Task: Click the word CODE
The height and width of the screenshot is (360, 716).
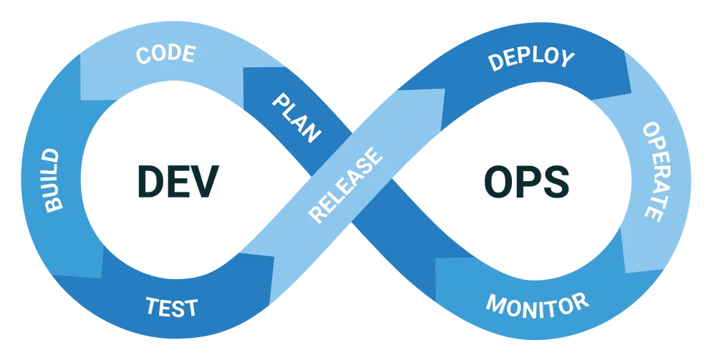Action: [x=165, y=55]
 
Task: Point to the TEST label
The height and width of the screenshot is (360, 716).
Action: [x=172, y=308]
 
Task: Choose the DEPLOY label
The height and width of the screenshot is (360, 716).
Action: [x=531, y=59]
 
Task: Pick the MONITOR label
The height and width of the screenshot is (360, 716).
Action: [x=537, y=304]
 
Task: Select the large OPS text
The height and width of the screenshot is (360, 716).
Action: [x=527, y=180]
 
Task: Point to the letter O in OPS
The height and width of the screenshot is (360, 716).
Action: [x=497, y=180]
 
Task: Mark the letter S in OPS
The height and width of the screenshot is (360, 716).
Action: [x=558, y=180]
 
